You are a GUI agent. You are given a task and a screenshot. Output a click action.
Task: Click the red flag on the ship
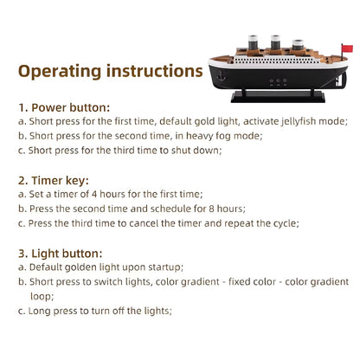point(347,48)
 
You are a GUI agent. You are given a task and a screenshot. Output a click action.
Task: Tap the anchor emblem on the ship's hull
point(222,75)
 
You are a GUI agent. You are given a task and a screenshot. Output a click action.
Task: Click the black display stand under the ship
point(278,97)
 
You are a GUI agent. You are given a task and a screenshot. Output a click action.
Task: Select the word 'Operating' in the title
point(60,71)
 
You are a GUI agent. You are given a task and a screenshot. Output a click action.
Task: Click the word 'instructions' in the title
point(155,71)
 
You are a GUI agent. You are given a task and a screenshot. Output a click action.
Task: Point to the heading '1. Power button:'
point(64,107)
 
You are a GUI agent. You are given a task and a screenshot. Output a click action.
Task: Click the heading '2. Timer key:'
point(54,181)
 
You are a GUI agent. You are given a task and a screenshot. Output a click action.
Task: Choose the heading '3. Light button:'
point(61,254)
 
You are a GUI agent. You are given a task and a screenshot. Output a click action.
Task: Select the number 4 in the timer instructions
point(94,194)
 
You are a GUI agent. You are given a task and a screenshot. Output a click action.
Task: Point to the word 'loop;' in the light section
point(42,296)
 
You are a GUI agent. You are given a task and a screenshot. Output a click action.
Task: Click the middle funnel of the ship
point(275,42)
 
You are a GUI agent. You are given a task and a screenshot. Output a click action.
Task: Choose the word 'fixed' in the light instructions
point(237,281)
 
